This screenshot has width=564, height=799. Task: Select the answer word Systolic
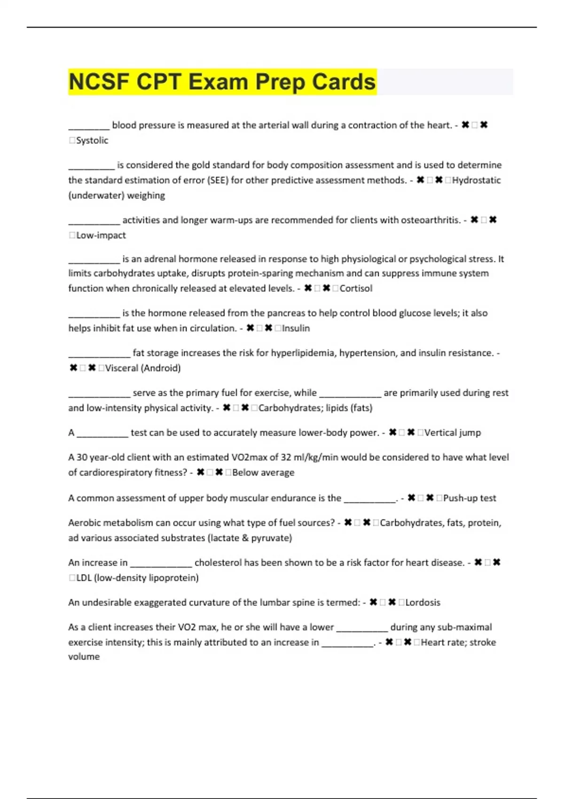92,141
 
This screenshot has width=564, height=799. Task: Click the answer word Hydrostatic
476,180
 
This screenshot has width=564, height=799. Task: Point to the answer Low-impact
101,235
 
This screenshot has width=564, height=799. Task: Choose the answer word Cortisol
356,288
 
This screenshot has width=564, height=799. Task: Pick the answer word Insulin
296,328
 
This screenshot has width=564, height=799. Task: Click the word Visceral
121,368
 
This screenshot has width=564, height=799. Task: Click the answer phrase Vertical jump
452,432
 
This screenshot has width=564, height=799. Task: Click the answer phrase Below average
263,472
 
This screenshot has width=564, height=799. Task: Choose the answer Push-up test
470,498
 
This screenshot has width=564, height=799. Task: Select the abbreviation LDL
84,578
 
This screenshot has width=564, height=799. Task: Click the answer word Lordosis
423,603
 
